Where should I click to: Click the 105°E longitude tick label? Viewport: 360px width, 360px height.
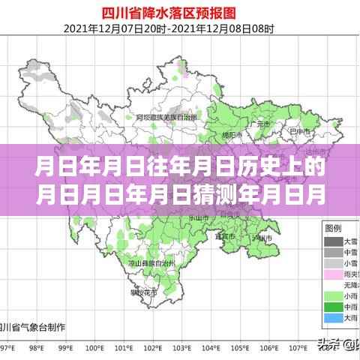[242, 349]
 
